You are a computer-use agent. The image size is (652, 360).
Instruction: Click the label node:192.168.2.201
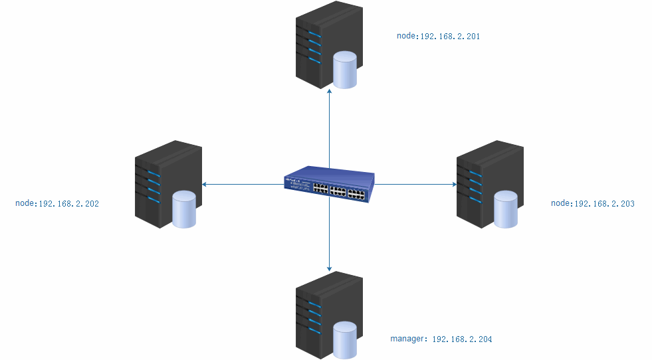click(438, 37)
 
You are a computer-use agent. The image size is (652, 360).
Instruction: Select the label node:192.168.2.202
click(57, 204)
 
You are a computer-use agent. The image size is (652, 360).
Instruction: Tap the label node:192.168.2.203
click(592, 203)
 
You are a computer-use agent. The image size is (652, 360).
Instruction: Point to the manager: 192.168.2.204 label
click(441, 339)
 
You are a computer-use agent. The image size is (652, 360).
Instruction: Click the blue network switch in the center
click(329, 184)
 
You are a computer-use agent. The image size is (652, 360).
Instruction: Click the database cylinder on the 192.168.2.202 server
click(184, 209)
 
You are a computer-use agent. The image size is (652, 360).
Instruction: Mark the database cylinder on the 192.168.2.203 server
click(505, 209)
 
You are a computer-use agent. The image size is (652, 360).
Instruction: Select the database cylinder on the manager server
click(345, 339)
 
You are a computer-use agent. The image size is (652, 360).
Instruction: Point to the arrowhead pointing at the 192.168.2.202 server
click(205, 184)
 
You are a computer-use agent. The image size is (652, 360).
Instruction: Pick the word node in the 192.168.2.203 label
click(560, 203)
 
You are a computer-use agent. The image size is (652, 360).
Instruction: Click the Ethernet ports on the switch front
click(338, 191)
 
